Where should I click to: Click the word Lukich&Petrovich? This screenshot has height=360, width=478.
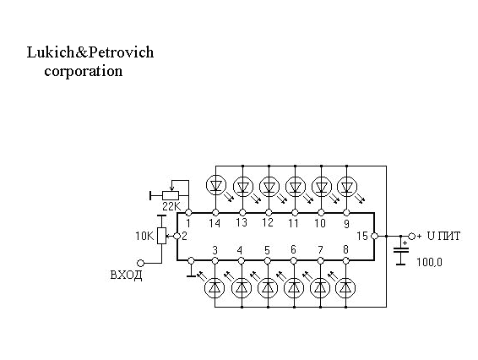pyautogui.click(x=90, y=52)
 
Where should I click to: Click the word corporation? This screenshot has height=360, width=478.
pyautogui.click(x=84, y=71)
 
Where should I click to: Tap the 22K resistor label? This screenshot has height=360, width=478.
pyautogui.click(x=171, y=206)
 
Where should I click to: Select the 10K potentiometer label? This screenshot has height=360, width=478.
pyautogui.click(x=145, y=236)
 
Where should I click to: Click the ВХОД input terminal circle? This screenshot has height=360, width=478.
pyautogui.click(x=140, y=263)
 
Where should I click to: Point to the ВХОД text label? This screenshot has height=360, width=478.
pyautogui.click(x=126, y=275)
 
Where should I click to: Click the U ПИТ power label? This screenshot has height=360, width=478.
pyautogui.click(x=443, y=236)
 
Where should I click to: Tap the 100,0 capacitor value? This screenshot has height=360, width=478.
pyautogui.click(x=429, y=262)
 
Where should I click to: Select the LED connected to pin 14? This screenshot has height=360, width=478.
pyautogui.click(x=216, y=185)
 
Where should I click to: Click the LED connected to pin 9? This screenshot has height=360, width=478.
pyautogui.click(x=347, y=186)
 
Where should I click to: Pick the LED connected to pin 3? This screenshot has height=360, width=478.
pyautogui.click(x=215, y=287)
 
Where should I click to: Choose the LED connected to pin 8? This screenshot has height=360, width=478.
pyautogui.click(x=345, y=287)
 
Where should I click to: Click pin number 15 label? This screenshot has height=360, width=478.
pyautogui.click(x=362, y=236)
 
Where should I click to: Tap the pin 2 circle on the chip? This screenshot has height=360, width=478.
pyautogui.click(x=177, y=236)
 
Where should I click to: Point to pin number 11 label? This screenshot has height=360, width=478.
pyautogui.click(x=293, y=223)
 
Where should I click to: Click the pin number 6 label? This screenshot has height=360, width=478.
pyautogui.click(x=293, y=249)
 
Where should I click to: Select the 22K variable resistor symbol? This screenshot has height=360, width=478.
pyautogui.click(x=171, y=195)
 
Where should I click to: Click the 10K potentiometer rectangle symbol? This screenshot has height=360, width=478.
pyautogui.click(x=162, y=236)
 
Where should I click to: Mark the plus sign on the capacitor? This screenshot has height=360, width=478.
pyautogui.click(x=405, y=243)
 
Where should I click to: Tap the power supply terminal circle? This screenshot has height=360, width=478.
pyautogui.click(x=412, y=236)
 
